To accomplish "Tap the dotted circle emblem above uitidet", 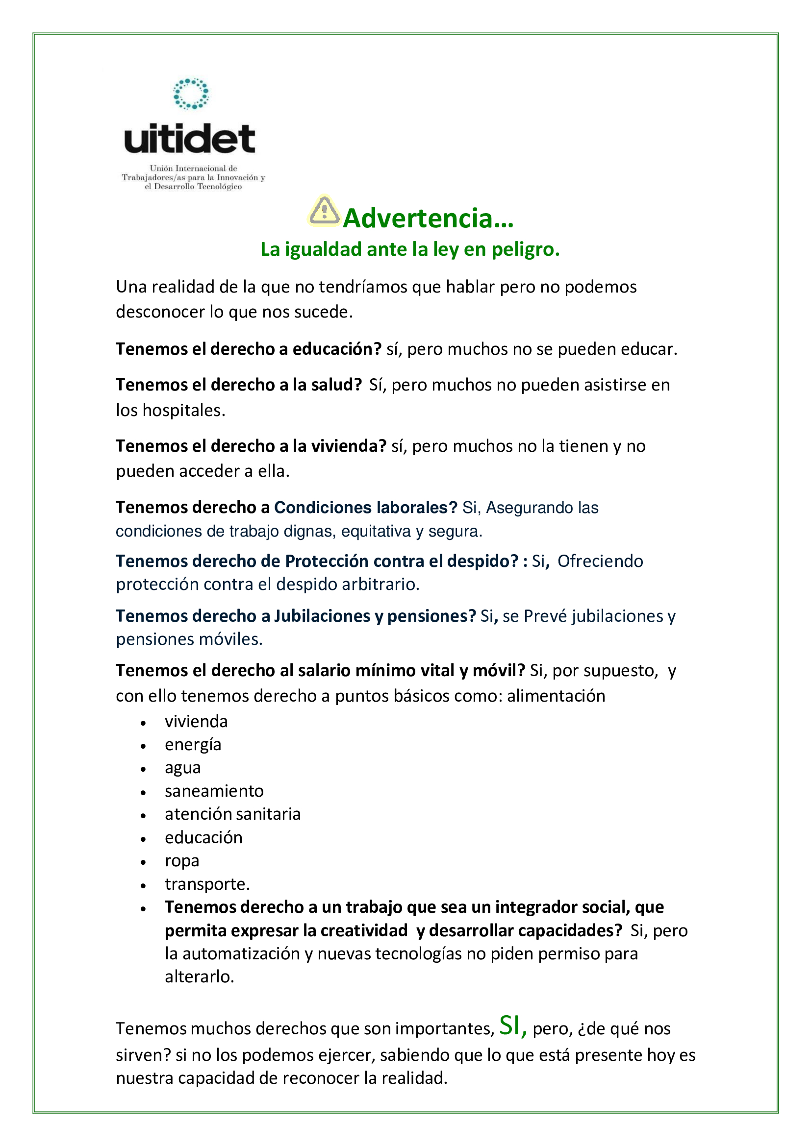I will pos(191,94).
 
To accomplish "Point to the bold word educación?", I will pos(337,349).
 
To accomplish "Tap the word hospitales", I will pos(184,410).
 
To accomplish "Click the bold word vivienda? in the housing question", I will pos(349,446).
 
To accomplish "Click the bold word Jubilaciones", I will pos(322,616).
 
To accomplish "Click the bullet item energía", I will pos(193,745).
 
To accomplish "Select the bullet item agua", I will pos(183,768).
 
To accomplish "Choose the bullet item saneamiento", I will pos(214,791).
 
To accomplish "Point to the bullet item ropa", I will pos(182,860).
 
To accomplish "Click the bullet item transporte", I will pos(207,884).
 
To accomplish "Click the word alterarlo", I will pos(199,977).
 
